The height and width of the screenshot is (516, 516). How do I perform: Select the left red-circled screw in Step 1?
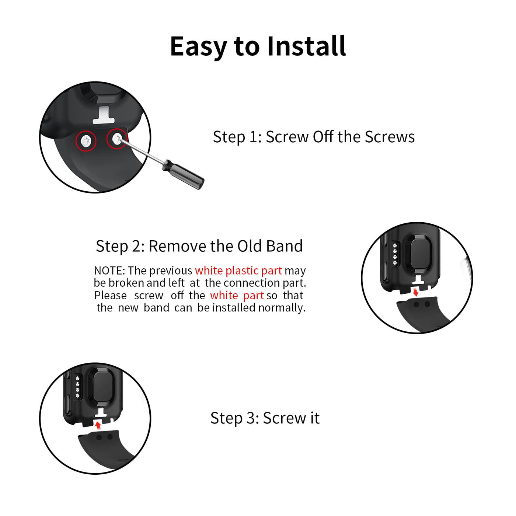pos(86,141)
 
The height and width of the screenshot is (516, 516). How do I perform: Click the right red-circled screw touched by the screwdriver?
pos(117,139)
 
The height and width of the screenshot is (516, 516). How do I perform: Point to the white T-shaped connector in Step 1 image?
pos(103,115)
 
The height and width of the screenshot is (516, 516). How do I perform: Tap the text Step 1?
pos(237,137)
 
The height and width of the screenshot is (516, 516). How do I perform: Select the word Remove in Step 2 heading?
pos(178,246)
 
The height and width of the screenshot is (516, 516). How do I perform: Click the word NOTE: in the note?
pos(109,271)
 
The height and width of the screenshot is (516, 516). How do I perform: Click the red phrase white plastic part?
pos(238,271)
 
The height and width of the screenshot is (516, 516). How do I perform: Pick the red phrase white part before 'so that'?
pos(237,296)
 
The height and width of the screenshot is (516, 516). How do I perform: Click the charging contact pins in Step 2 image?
pos(395,254)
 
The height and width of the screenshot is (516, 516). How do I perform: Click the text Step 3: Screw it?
pos(265,418)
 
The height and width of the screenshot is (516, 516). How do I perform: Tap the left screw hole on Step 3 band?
pos(99,437)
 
